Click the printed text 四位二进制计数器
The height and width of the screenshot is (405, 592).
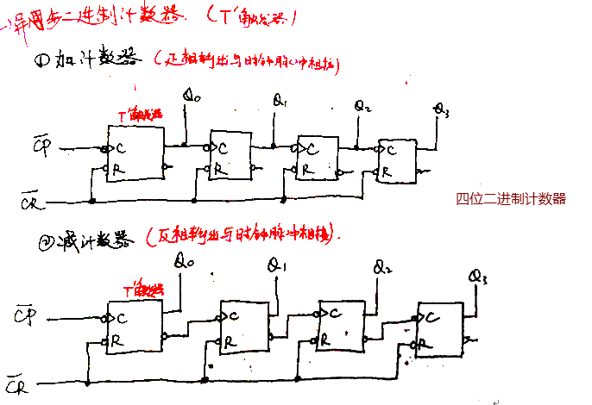511,198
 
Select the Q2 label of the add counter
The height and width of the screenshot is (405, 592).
363,106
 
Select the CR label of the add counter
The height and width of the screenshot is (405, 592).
28,203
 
